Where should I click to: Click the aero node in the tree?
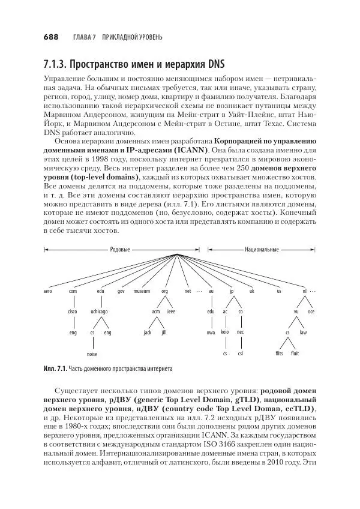48,291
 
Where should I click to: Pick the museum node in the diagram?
142,291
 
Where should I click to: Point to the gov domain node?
121,291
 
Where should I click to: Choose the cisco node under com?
73,312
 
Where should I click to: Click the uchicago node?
99,312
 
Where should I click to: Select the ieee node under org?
171,312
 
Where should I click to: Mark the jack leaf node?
148,332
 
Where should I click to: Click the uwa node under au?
211,332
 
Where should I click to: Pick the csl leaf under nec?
240,354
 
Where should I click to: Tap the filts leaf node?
279,354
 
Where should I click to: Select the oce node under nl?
311,312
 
